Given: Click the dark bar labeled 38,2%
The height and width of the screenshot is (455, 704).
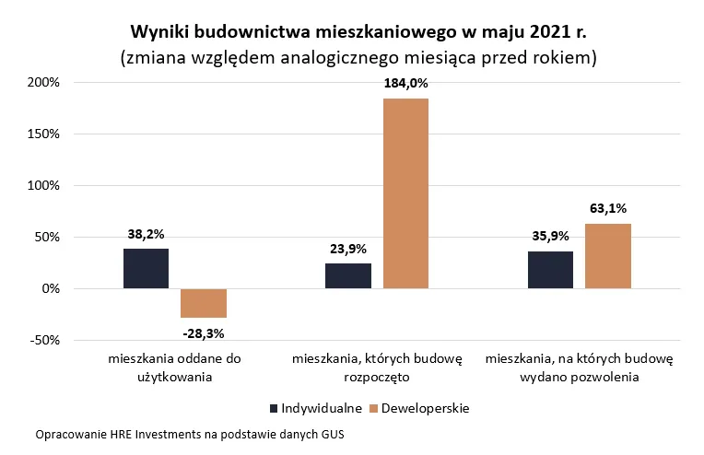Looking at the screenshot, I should click(146, 268).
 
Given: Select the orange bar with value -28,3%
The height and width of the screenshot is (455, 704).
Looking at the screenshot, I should click(204, 303).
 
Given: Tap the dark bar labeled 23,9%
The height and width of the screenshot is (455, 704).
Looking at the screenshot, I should click(348, 275).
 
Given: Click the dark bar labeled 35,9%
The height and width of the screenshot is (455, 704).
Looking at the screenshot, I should click(550, 270).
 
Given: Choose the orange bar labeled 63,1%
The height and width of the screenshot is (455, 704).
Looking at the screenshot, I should click(608, 256).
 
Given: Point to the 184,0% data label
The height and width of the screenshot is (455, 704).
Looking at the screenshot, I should click(405, 83).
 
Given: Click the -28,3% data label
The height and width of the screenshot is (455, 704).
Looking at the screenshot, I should click(204, 332).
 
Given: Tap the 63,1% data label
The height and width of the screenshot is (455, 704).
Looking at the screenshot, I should click(608, 208).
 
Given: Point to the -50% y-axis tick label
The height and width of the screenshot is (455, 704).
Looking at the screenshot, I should click(44, 340).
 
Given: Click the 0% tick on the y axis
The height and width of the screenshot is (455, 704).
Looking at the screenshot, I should click(51, 288).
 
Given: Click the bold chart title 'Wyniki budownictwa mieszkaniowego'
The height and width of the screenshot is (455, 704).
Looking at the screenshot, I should click(358, 31).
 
